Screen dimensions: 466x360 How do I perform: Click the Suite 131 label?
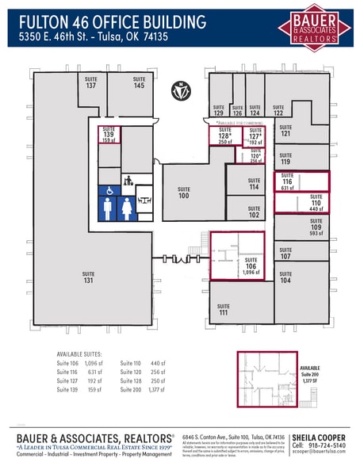(88, 277)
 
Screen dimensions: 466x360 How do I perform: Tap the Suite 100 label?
(184, 193)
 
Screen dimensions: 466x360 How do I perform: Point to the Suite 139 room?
(109, 137)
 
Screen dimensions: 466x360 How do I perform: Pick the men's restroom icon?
(108, 208)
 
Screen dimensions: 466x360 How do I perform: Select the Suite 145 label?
(139, 82)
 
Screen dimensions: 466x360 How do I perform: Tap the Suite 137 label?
(91, 82)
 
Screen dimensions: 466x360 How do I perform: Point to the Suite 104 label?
(285, 278)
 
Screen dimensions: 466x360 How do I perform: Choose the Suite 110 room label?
(316, 203)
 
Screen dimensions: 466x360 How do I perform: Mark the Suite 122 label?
(278, 110)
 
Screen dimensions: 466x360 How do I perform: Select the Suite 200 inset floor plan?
(268, 379)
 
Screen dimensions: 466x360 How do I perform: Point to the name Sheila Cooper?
(319, 437)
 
